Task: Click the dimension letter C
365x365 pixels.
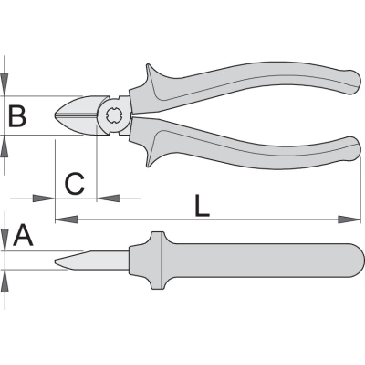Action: [74, 184]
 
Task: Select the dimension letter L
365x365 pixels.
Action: [202, 206]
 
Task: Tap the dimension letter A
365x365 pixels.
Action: [23, 236]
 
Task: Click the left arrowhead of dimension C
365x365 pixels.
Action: [44, 198]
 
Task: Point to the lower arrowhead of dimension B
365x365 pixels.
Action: [5, 146]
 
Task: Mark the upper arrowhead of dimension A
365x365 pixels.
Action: [5, 240]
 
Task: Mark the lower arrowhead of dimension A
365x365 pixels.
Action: [5, 280]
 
